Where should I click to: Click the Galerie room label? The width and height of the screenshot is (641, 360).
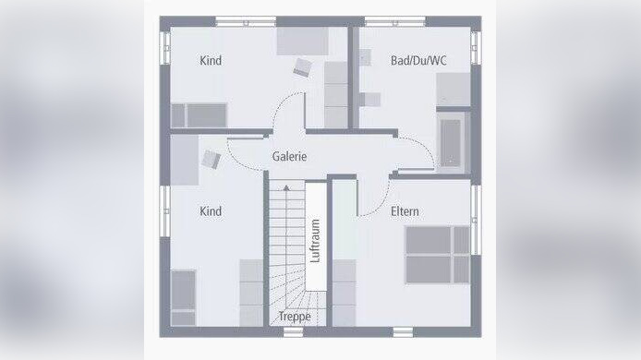click(289, 157)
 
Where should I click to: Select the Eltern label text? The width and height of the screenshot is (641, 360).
click(405, 211)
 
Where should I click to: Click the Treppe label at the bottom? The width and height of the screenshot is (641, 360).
click(296, 317)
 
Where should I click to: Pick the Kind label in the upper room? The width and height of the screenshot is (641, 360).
click(211, 61)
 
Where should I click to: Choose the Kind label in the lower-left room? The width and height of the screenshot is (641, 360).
click(211, 211)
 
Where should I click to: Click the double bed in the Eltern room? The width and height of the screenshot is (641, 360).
click(437, 254)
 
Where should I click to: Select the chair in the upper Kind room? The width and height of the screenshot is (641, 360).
click(303, 66)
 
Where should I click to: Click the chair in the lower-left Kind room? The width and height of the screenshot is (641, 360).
click(211, 158)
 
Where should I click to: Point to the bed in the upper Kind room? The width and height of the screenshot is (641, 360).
click(199, 114)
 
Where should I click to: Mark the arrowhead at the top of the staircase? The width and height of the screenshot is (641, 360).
click(286, 187)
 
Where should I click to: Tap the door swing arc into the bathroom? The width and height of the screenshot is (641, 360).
click(414, 148)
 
